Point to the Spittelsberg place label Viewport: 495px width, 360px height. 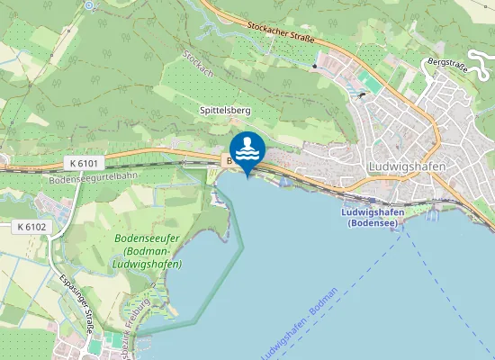click(224, 110)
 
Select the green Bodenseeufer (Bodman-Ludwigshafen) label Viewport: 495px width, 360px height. click(148, 252)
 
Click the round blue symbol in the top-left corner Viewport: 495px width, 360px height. click(88, 5)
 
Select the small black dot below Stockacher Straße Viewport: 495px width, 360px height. click(314, 66)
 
